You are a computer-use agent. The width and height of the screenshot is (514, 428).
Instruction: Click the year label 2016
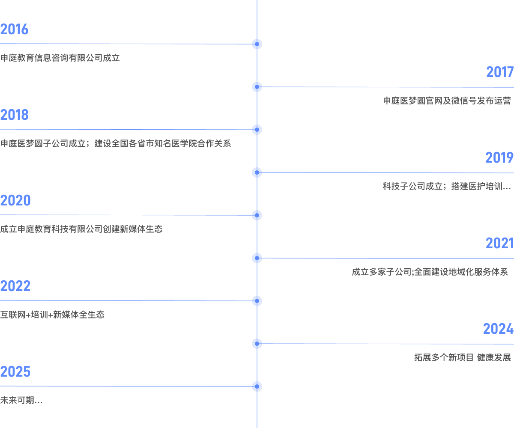click(14, 30)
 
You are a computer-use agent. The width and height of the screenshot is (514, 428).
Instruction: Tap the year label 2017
click(499, 72)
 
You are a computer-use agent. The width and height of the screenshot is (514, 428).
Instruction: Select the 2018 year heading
click(14, 115)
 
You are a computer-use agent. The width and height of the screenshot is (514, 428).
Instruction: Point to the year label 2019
click(499, 158)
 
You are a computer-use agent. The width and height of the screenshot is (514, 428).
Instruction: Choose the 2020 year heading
click(15, 201)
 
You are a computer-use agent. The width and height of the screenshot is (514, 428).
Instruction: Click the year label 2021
click(499, 244)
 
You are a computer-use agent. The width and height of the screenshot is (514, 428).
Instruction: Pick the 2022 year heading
click(15, 286)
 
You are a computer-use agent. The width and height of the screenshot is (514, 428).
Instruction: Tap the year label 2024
click(498, 329)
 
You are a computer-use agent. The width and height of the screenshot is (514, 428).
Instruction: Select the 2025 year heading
click(15, 372)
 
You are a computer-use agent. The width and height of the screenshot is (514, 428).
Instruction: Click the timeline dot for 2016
click(257, 44)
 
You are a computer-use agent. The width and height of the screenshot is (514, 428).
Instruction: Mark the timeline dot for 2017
click(257, 87)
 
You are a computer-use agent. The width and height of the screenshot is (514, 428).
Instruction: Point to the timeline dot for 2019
click(257, 172)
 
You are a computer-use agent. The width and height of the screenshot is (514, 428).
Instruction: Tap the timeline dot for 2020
click(257, 215)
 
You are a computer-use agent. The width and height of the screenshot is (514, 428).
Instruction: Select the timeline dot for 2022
click(257, 301)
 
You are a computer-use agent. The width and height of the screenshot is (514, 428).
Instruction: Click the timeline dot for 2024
click(257, 344)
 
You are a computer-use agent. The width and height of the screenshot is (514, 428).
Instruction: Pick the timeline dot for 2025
click(257, 386)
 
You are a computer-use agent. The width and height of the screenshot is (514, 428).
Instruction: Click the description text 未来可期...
click(21, 401)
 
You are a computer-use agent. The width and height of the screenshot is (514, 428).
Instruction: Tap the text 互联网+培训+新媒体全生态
click(52, 315)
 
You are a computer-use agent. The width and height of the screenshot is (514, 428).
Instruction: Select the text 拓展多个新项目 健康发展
click(463, 358)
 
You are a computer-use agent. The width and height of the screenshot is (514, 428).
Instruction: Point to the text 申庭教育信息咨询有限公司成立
click(60, 58)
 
